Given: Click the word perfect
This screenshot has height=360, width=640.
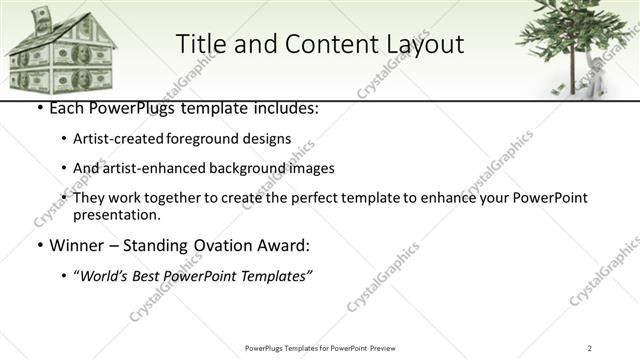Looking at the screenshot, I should point(338,198).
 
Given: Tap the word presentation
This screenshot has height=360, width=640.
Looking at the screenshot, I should point(116,215).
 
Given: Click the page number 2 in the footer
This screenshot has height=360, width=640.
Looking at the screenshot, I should point(590,348).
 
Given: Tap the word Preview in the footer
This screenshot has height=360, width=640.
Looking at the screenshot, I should point(389,348).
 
